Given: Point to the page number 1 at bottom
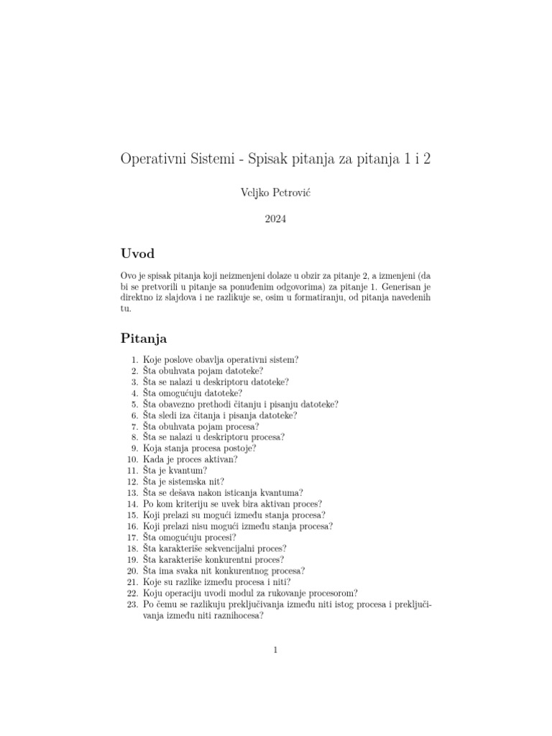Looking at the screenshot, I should [x=275, y=650].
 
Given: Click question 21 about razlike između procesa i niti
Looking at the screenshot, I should [x=217, y=582].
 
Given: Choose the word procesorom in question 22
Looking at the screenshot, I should [x=333, y=593].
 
